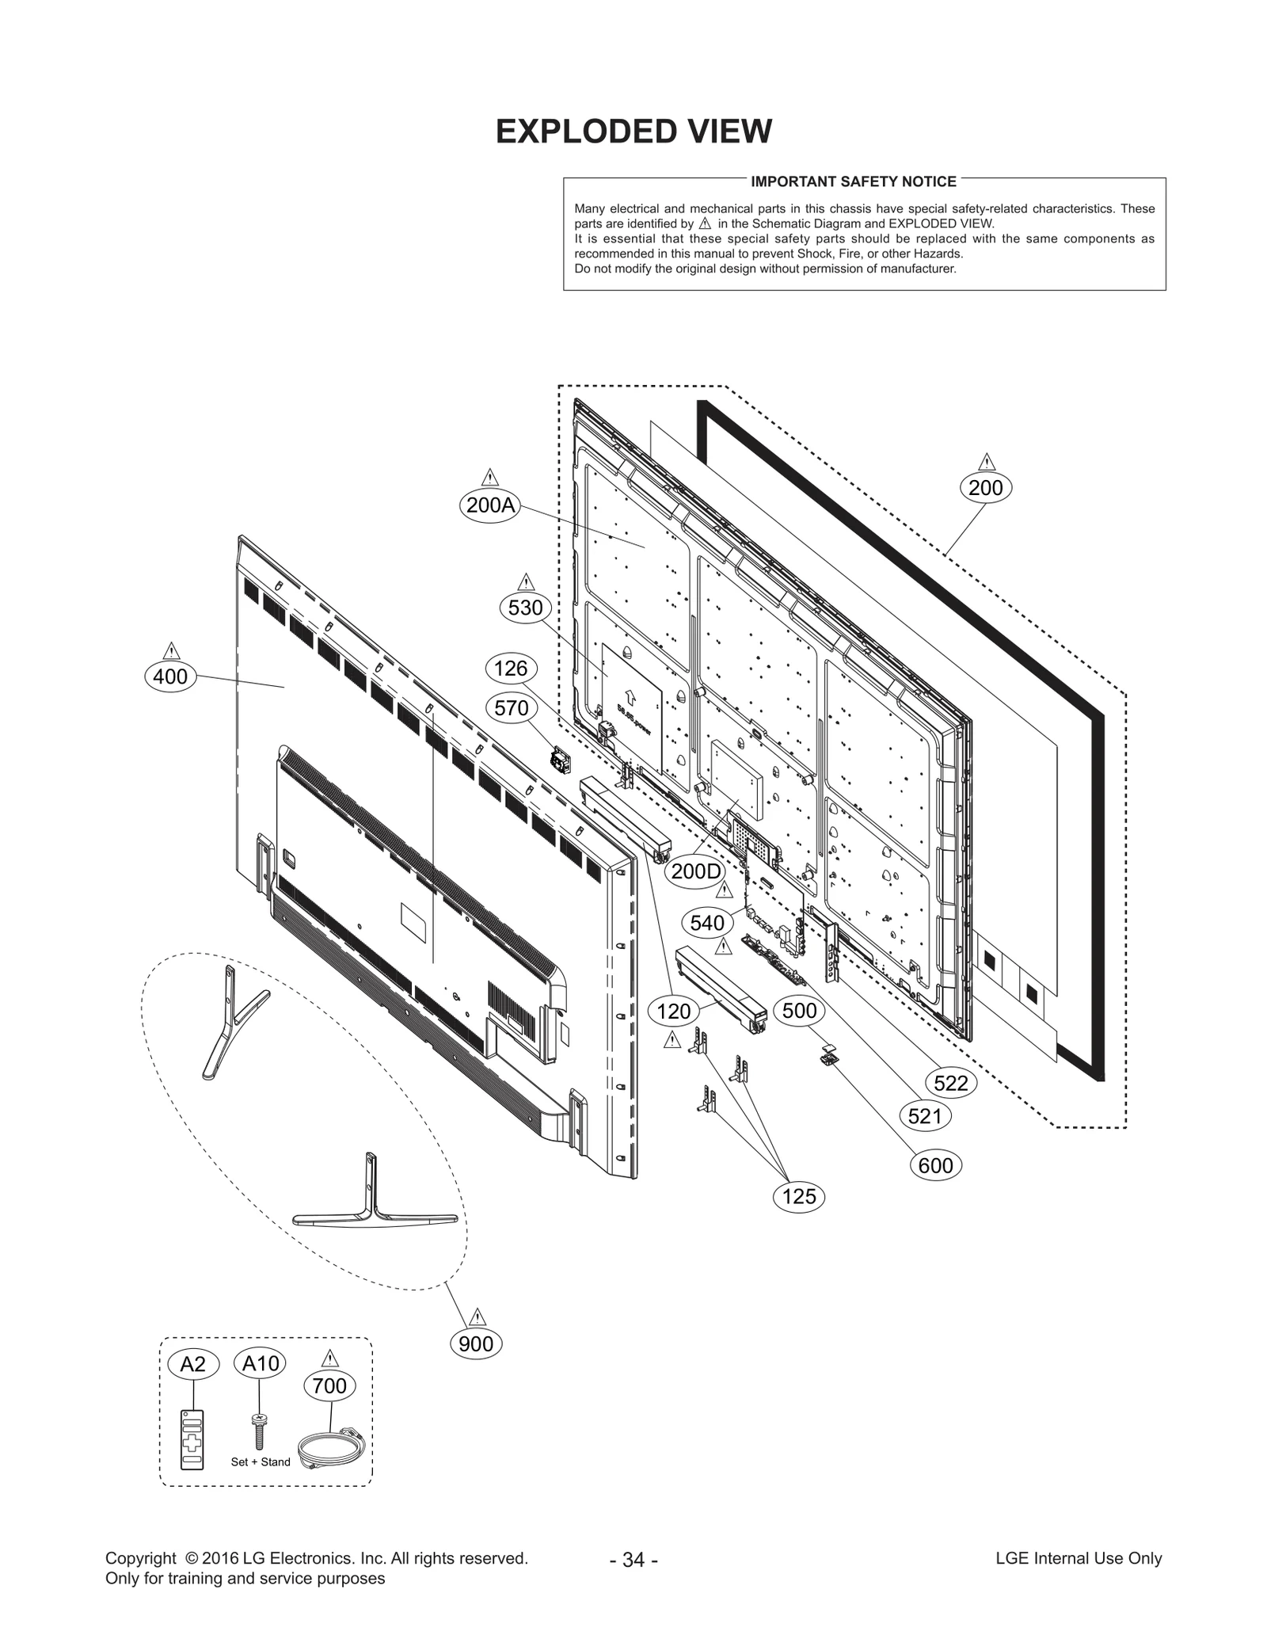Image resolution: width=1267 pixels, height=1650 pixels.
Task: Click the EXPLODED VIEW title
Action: point(633,131)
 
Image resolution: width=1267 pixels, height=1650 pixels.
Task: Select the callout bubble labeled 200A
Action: point(490,505)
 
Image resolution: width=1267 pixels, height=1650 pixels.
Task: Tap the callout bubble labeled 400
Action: point(170,676)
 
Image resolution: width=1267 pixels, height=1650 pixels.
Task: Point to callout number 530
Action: point(526,608)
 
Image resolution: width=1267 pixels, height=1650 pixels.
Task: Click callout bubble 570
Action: point(511,707)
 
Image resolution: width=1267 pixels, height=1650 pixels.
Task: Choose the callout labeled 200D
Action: point(697,871)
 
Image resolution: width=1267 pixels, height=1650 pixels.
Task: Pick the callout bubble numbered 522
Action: point(951,1083)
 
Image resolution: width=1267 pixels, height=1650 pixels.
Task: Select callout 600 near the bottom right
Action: point(936,1166)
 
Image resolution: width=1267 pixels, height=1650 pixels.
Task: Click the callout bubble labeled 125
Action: point(798,1196)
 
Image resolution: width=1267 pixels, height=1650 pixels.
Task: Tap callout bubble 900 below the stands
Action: point(476,1343)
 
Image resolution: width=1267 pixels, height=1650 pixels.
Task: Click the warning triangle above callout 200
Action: point(986,462)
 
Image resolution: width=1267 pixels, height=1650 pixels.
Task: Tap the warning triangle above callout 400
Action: point(171,651)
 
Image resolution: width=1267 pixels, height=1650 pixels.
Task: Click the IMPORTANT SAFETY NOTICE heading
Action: point(854,181)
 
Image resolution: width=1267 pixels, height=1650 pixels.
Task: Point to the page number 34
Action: point(633,1559)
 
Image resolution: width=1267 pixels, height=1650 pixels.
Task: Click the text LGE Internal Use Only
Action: point(1079,1558)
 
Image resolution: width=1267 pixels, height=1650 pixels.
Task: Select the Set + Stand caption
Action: point(261,1461)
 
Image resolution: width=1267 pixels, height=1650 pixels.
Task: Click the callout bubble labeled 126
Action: point(511,669)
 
